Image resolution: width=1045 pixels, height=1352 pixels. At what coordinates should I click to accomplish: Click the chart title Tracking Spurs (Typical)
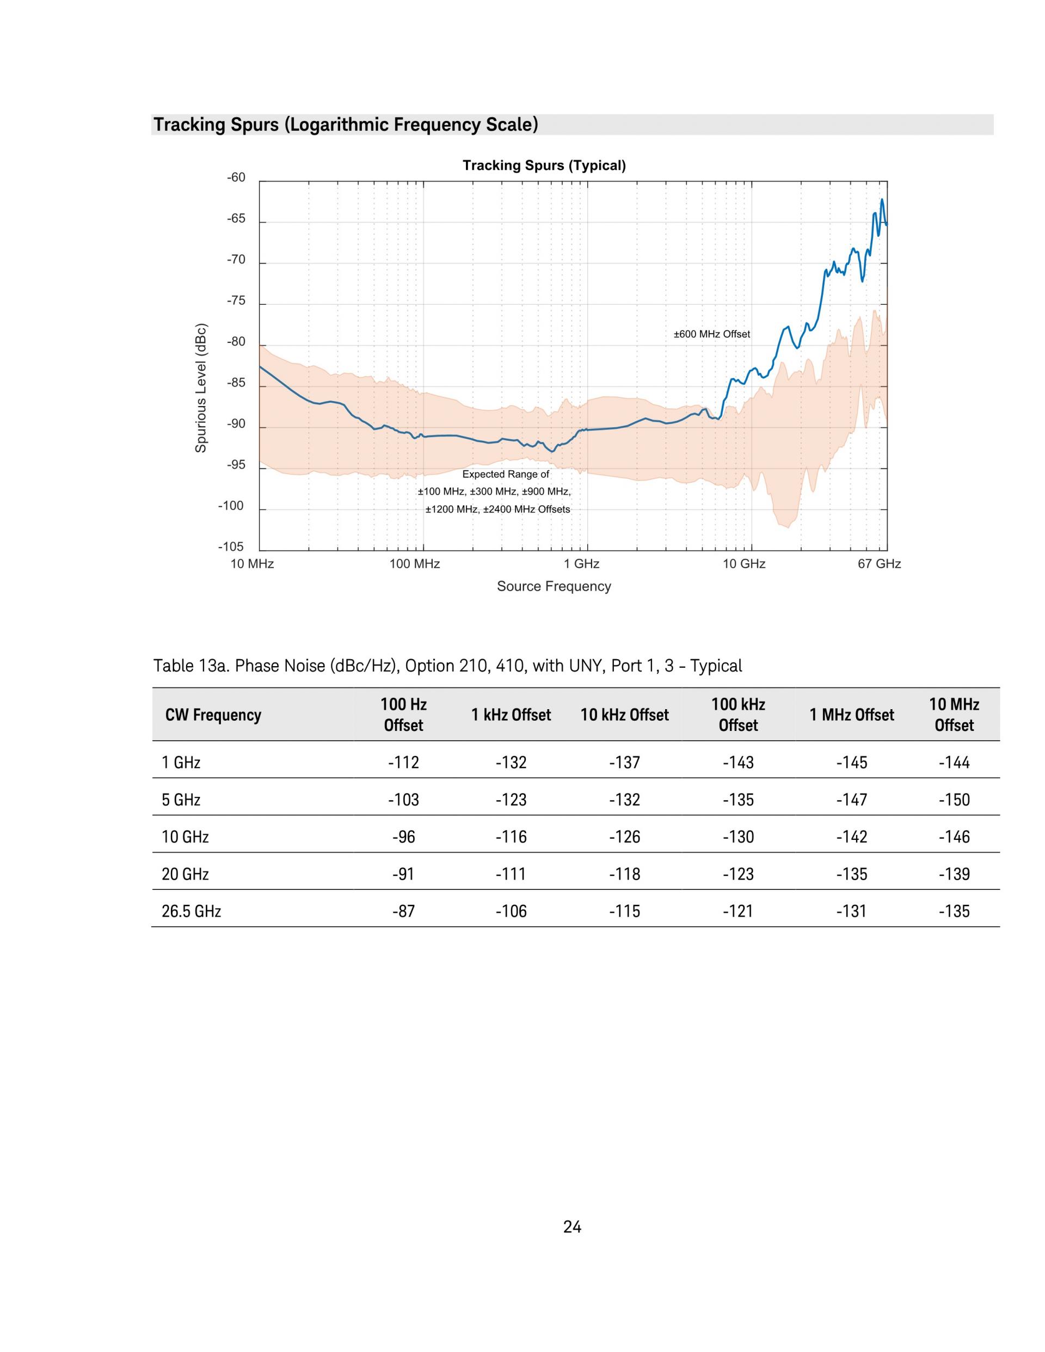(x=544, y=165)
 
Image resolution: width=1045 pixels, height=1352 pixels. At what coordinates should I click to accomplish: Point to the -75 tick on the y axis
(x=236, y=301)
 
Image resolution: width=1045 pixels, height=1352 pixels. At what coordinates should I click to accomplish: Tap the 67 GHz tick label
(x=879, y=564)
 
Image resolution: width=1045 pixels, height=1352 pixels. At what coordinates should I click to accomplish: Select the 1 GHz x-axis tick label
(x=581, y=564)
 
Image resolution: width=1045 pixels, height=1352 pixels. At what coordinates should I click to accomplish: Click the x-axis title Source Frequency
(x=554, y=586)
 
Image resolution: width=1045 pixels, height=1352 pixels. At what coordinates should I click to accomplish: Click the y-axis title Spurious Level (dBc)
(x=201, y=388)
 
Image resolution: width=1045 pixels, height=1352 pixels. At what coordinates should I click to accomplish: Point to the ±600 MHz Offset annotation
(x=712, y=334)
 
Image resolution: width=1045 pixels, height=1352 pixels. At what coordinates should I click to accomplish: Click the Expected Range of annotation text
(x=506, y=474)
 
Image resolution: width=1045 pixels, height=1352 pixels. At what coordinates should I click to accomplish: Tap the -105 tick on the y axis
(x=231, y=547)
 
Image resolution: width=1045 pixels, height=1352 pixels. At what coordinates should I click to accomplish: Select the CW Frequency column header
(x=213, y=715)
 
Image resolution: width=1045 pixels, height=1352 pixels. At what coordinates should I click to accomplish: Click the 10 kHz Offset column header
(x=625, y=715)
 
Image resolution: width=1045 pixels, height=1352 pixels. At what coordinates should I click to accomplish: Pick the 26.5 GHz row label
(x=191, y=911)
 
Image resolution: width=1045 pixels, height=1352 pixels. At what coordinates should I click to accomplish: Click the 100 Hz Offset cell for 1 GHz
(x=404, y=763)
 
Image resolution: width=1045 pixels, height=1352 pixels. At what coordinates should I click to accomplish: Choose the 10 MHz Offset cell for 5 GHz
(x=954, y=800)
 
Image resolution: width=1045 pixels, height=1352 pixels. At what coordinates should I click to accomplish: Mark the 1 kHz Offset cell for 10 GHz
(x=511, y=837)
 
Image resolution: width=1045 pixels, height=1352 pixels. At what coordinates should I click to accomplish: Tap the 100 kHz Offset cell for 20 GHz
(x=738, y=874)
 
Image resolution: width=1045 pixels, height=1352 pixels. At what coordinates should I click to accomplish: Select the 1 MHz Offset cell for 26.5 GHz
(x=851, y=911)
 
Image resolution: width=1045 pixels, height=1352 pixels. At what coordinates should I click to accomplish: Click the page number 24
(x=572, y=1227)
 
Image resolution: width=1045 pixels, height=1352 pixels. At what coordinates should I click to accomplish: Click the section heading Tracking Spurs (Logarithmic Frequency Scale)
(x=346, y=125)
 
